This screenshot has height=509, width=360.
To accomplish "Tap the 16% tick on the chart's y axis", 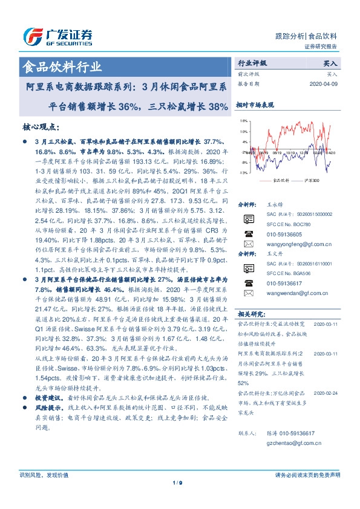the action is pyautogui.click(x=243, y=122).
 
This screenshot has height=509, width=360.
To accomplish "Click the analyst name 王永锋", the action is pyautogui.click(x=275, y=206).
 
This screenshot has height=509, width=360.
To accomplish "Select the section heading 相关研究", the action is pyautogui.click(x=249, y=314).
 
